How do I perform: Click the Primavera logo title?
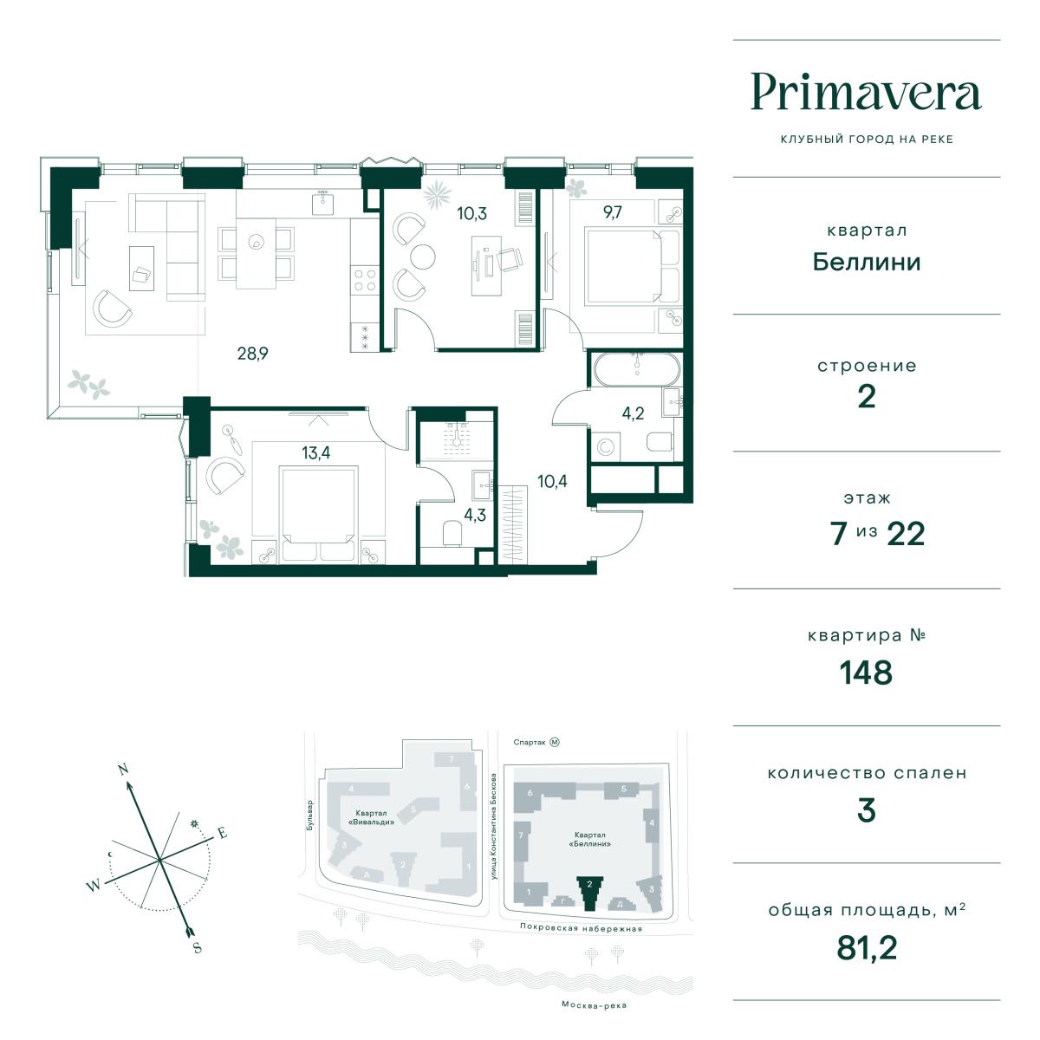866,92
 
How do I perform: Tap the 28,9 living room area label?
252,354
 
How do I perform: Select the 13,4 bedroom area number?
315,452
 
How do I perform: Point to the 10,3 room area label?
471,213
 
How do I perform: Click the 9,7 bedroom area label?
613,212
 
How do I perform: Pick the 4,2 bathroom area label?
633,413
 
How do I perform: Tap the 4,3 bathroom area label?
475,515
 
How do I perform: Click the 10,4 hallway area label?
552,481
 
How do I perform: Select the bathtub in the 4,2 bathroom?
637,370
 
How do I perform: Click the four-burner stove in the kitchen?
364,280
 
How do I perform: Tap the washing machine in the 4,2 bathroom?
606,446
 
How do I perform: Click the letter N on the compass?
123,769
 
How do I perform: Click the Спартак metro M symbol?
555,742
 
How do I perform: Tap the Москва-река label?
594,1005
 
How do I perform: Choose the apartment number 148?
866,673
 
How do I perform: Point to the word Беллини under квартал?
866,263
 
